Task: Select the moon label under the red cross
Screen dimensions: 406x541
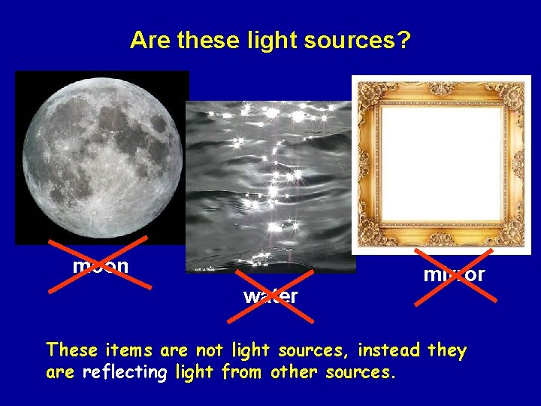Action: click(x=100, y=266)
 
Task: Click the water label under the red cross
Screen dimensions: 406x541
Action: click(x=270, y=296)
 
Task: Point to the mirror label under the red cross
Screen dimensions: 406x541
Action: click(x=454, y=274)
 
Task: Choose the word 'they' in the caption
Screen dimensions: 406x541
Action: click(x=447, y=350)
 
